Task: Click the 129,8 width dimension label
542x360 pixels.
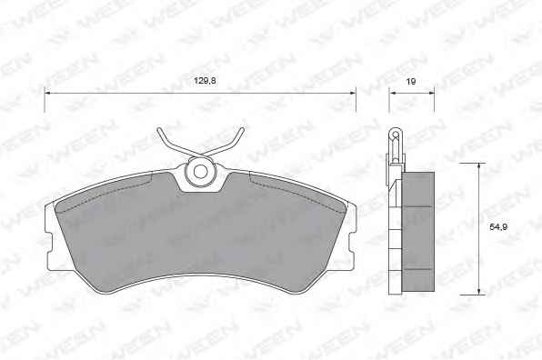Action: pyautogui.click(x=205, y=81)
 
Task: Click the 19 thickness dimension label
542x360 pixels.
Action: pyautogui.click(x=411, y=82)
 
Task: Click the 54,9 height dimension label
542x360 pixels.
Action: pyautogui.click(x=498, y=227)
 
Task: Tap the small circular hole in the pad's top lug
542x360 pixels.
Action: pyautogui.click(x=200, y=171)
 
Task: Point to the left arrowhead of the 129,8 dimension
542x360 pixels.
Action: pyautogui.click(x=47, y=93)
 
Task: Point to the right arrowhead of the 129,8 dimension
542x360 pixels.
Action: pyautogui.click(x=352, y=93)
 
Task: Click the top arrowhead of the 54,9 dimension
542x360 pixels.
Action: pyautogui.click(x=478, y=166)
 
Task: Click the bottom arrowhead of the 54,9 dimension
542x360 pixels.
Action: pyautogui.click(x=478, y=291)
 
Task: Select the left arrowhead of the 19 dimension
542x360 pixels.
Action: pyautogui.click(x=393, y=93)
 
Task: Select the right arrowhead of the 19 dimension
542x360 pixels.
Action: pyautogui.click(x=431, y=93)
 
